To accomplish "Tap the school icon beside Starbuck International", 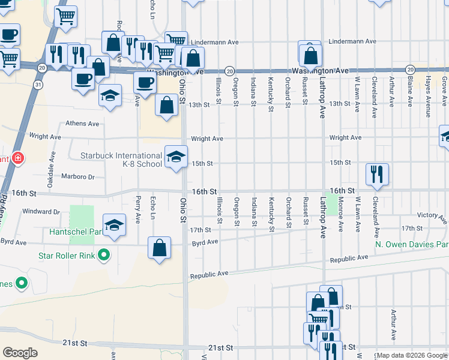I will [x=175, y=157].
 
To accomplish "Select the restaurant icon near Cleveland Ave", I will [x=377, y=174].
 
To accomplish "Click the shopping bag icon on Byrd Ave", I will [x=159, y=248].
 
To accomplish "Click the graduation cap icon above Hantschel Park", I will [x=114, y=225].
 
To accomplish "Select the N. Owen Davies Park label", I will [x=412, y=245].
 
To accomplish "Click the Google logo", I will [x=20, y=353].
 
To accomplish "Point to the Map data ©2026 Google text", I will [x=412, y=355].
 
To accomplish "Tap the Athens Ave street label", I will [x=82, y=124].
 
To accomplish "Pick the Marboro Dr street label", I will [x=79, y=177].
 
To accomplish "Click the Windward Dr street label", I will [x=41, y=212].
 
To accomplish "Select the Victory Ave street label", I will [x=431, y=215].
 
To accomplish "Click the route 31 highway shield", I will [x=38, y=85].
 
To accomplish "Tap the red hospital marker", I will [x=18, y=158].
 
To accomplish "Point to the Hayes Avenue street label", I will [x=429, y=87].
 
